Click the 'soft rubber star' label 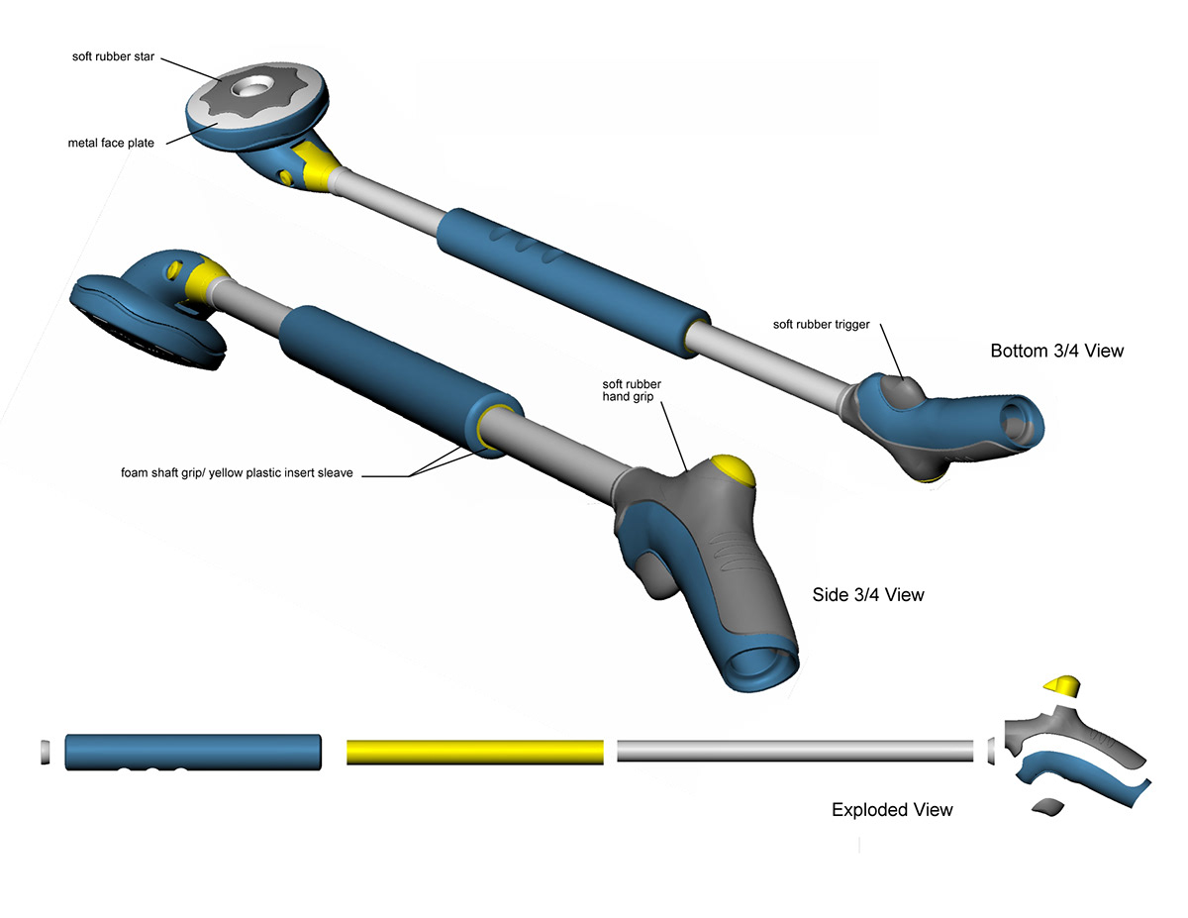tap(114, 55)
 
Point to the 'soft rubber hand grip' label tap(633, 391)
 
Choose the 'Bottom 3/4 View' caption tap(1056, 351)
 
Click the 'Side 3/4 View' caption tap(867, 594)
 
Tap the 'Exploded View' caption tap(892, 810)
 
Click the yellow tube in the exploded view tap(474, 752)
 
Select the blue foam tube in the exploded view tap(193, 752)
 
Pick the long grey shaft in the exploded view tap(795, 751)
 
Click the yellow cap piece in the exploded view tap(1061, 684)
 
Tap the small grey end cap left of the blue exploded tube tap(44, 751)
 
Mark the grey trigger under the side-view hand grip tap(650, 574)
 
